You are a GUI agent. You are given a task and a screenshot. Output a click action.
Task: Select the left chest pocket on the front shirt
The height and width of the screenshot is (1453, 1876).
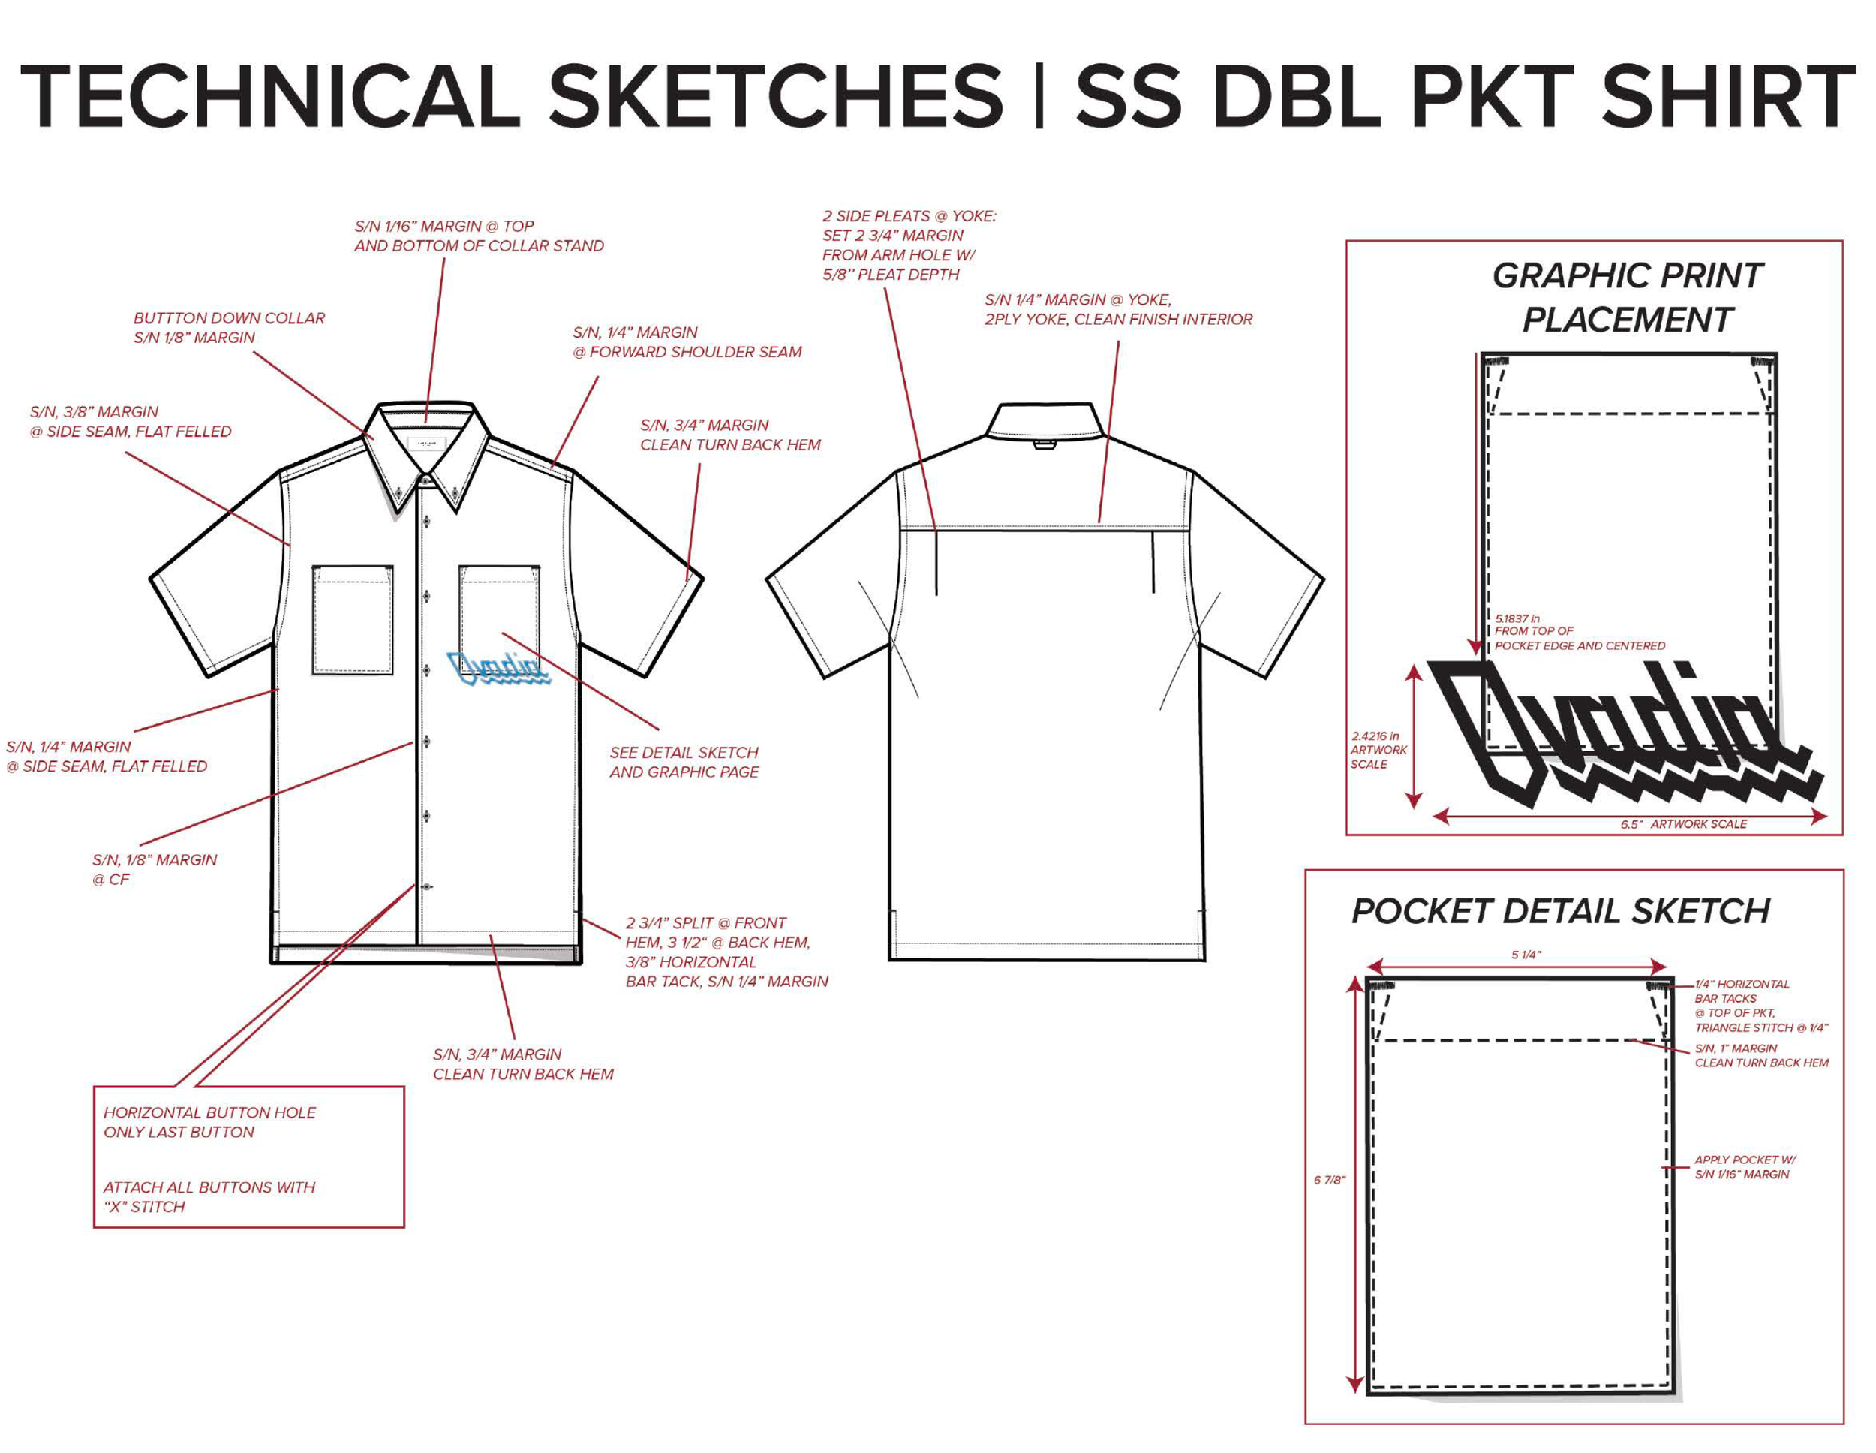pos(353,618)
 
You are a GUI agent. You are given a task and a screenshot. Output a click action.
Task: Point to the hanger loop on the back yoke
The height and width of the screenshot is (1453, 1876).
pos(1044,444)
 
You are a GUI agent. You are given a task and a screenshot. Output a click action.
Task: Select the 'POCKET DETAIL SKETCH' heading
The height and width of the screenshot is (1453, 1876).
pos(1561,911)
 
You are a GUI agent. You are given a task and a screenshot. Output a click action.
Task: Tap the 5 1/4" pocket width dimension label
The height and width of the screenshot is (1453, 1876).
pos(1526,955)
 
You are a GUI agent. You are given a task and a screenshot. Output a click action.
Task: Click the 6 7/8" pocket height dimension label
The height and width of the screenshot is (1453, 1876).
pos(1329,1180)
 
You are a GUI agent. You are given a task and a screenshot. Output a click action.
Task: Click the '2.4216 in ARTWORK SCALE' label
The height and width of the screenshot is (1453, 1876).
pos(1378,749)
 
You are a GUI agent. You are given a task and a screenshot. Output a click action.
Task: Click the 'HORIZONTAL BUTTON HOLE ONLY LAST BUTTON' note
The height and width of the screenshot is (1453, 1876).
pos(209,1122)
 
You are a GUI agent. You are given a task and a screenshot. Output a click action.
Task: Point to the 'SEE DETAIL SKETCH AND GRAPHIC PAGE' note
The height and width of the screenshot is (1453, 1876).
pos(684,761)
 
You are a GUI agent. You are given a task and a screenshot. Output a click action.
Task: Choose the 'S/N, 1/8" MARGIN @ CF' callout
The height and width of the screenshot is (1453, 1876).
pos(155,868)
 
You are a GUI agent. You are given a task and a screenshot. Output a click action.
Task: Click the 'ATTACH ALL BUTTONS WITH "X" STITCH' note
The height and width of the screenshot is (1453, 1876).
pos(209,1197)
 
